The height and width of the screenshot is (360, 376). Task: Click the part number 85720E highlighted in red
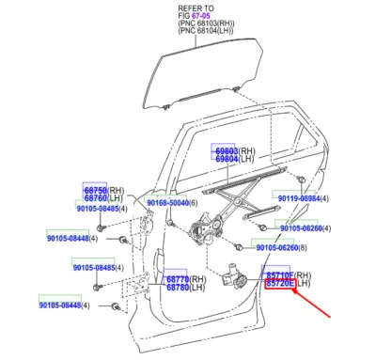(280, 282)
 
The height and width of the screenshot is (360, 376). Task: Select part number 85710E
(280, 273)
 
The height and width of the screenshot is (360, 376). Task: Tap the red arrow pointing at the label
(315, 304)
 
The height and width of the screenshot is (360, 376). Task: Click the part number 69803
(226, 150)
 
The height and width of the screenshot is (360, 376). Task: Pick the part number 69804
(226, 160)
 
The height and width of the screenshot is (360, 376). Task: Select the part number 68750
(95, 188)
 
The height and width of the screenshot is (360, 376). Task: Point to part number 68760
(95, 197)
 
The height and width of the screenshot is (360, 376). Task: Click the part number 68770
(178, 279)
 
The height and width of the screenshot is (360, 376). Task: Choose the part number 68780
(178, 289)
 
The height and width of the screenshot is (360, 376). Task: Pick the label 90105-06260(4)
(306, 227)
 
